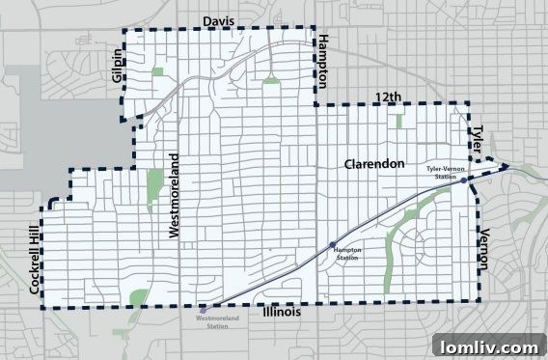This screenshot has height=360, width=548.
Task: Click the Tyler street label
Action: click(x=477, y=136)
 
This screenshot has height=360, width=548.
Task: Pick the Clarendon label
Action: click(x=374, y=164)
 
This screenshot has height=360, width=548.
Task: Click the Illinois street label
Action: click(x=275, y=313)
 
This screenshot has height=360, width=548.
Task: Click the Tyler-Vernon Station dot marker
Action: click(x=464, y=180)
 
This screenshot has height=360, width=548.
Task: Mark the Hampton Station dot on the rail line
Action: click(x=333, y=243)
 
